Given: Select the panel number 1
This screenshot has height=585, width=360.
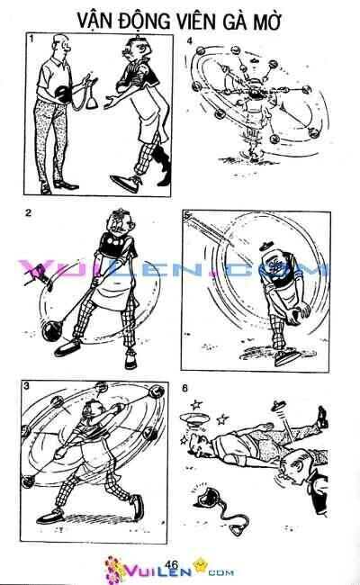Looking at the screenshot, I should (31, 40).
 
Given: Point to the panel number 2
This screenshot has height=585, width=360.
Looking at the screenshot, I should (30, 212).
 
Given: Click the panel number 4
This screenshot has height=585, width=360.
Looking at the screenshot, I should (188, 42).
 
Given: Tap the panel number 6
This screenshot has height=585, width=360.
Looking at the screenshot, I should (185, 389).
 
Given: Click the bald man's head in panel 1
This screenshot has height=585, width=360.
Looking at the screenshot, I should (58, 45).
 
